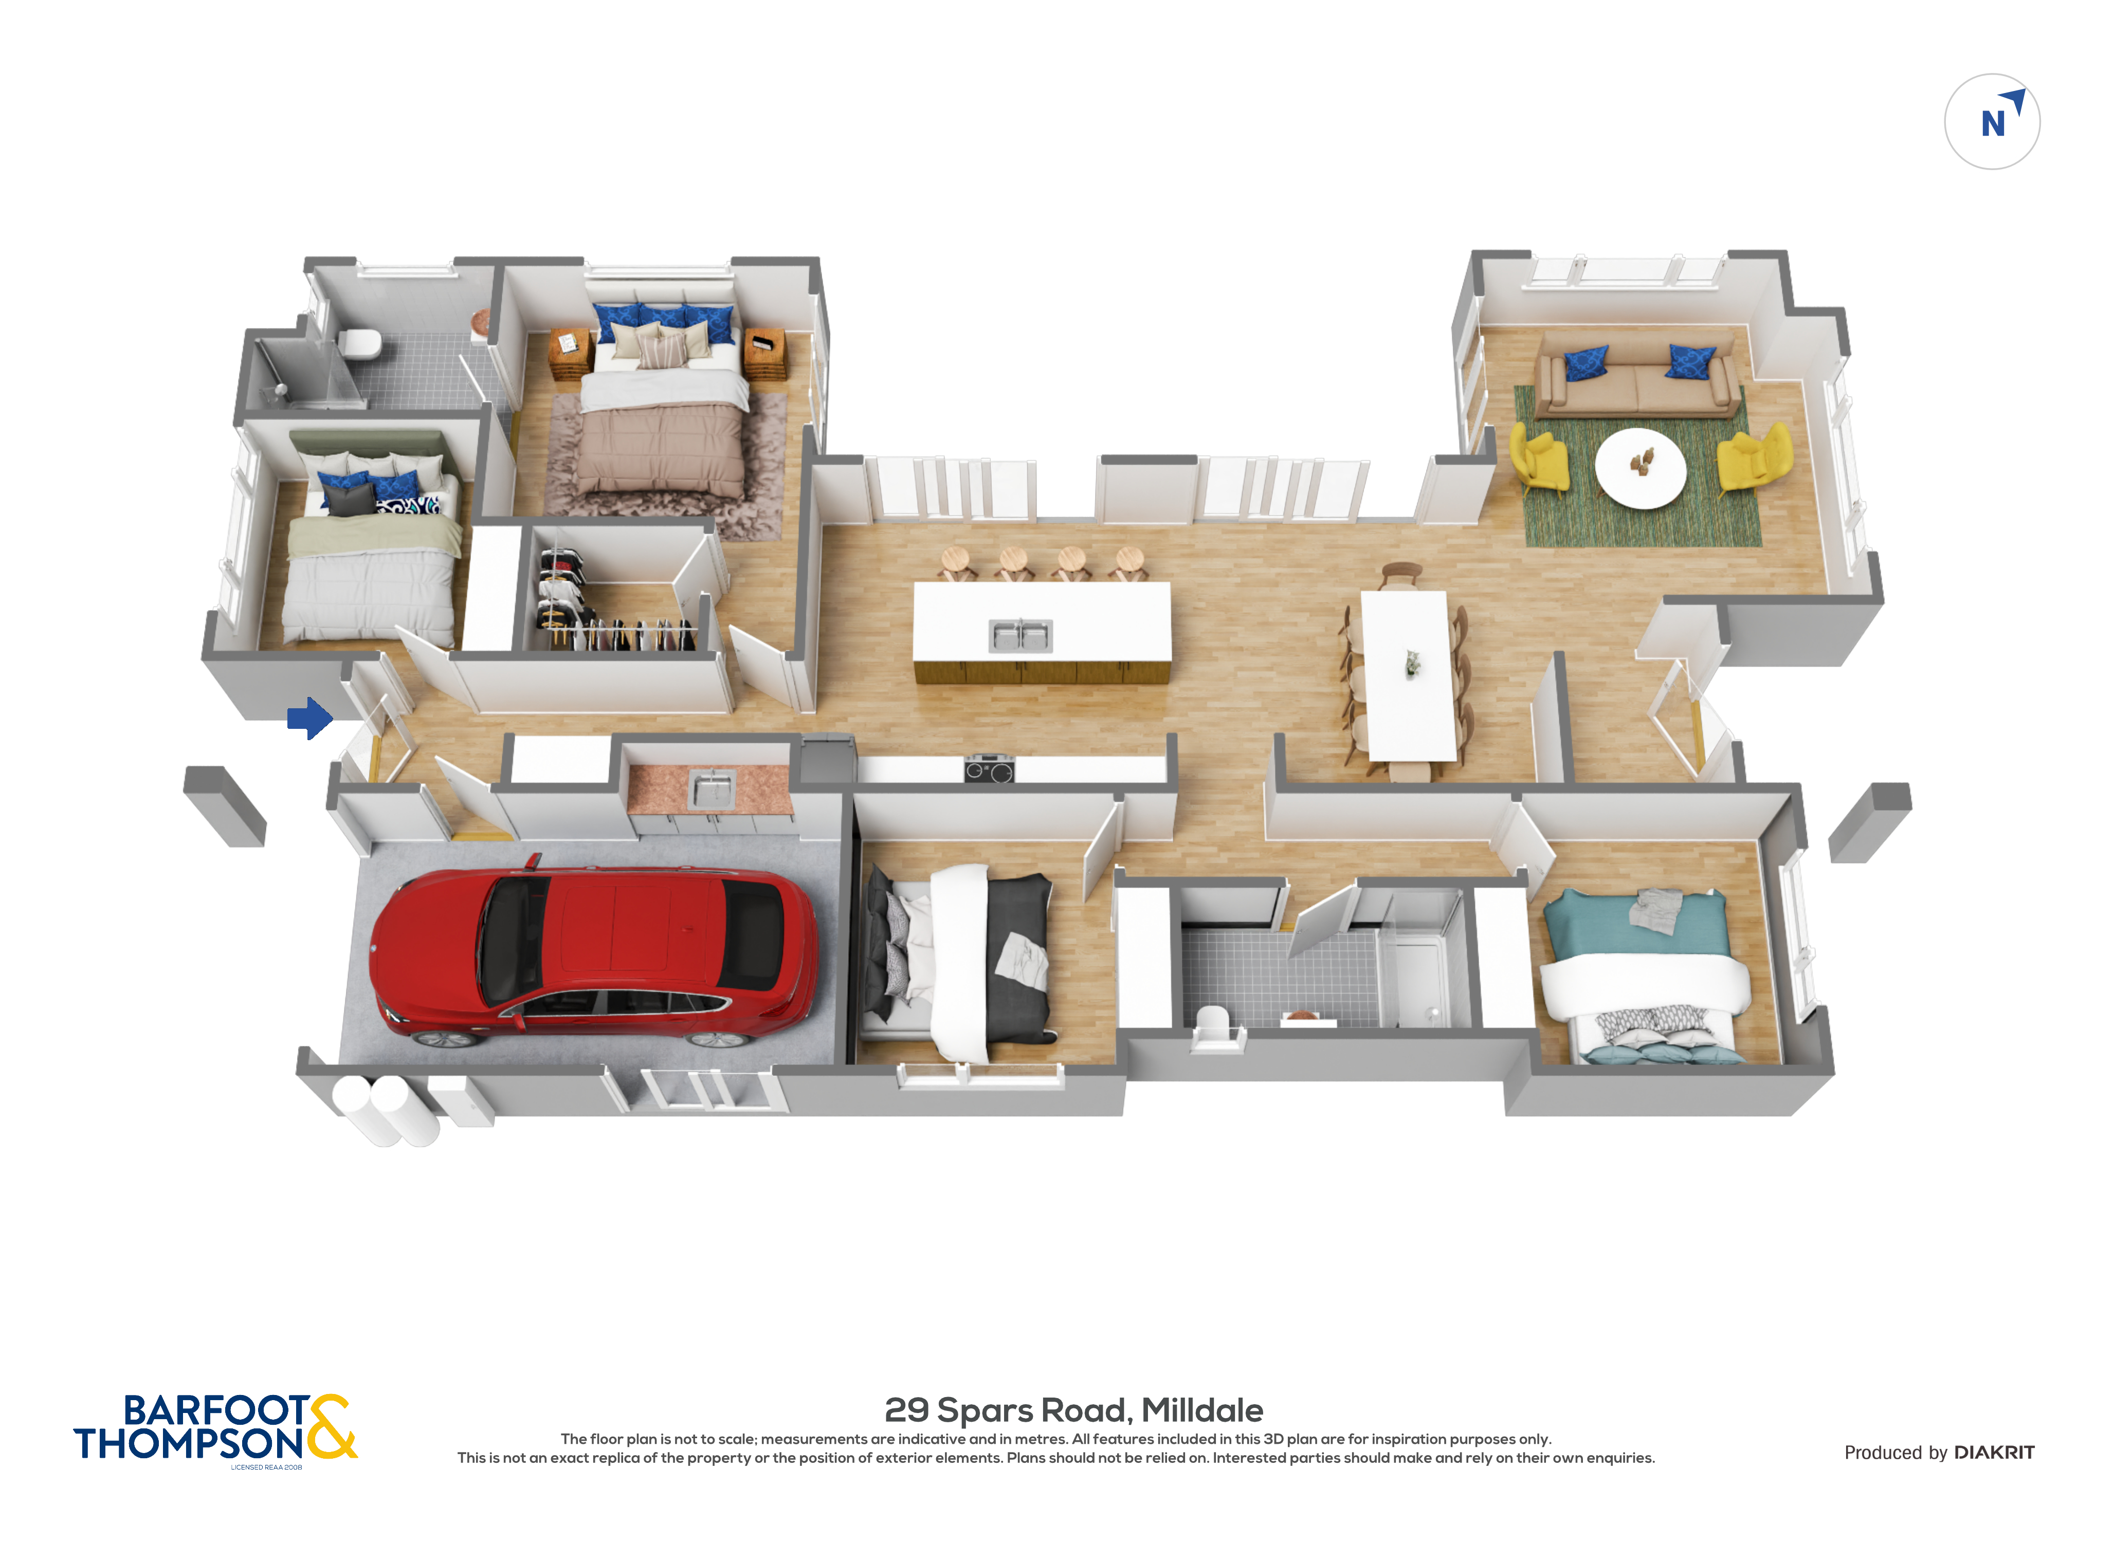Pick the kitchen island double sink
click(1020, 636)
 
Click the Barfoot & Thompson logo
click(215, 1428)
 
